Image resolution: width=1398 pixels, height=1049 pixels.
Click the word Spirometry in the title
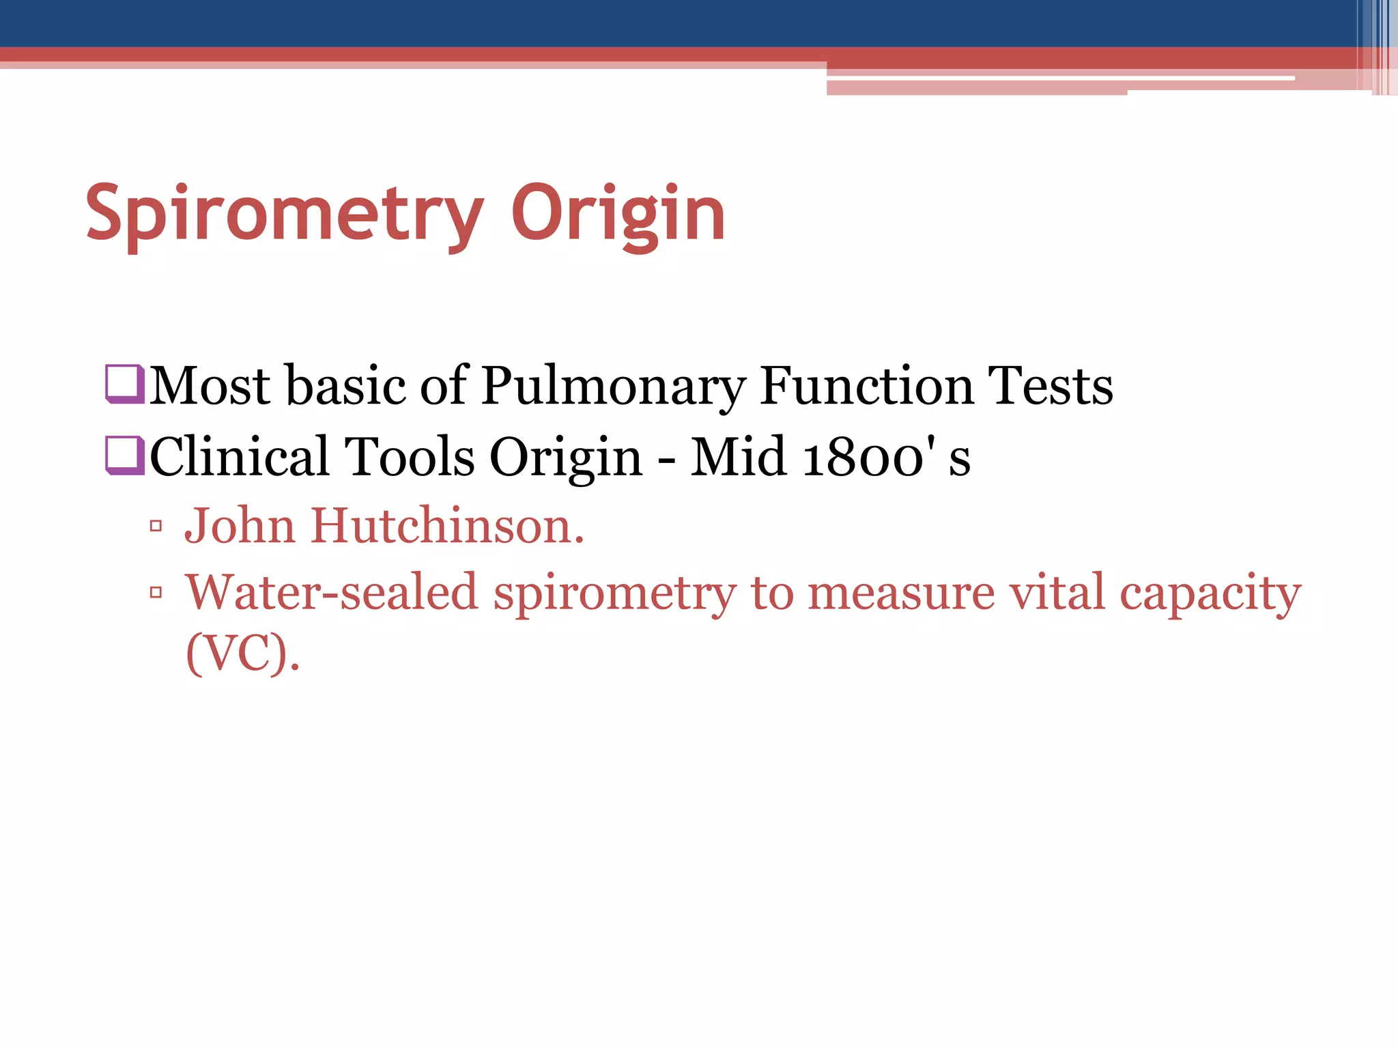[285, 214]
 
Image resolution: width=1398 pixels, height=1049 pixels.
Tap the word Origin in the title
[618, 214]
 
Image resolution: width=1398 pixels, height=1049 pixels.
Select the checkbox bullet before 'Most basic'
[125, 384]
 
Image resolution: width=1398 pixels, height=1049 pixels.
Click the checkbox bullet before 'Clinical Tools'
[125, 455]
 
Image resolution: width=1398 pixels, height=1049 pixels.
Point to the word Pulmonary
[612, 387]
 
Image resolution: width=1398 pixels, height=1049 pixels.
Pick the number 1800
[863, 457]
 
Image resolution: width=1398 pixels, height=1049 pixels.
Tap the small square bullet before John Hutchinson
[156, 526]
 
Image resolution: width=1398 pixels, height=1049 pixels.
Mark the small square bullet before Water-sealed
[156, 592]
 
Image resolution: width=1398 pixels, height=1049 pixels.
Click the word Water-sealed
[332, 592]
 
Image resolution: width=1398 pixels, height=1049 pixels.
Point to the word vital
[1057, 592]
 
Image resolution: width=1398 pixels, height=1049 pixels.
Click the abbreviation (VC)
[242, 654]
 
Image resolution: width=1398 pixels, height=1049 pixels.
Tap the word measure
[901, 592]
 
